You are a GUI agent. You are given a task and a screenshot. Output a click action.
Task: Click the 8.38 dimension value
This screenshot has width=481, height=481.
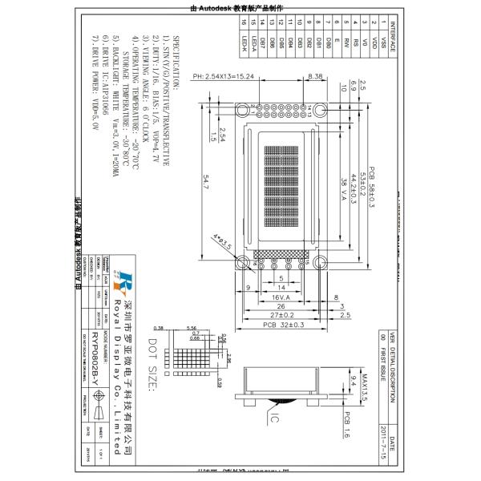pos(314,76)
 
